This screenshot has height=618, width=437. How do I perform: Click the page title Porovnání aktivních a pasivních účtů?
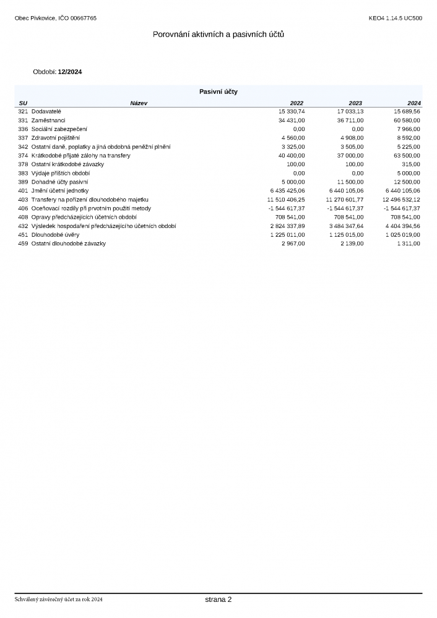pyautogui.click(x=218, y=35)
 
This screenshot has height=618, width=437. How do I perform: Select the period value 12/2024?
pyautogui.click(x=70, y=72)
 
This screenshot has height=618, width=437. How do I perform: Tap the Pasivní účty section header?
pyautogui.click(x=218, y=91)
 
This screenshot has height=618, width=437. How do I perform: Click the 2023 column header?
pyautogui.click(x=355, y=103)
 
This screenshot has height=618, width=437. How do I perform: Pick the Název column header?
pyautogui.click(x=139, y=103)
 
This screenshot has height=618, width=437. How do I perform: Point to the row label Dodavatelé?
pyautogui.click(x=46, y=111)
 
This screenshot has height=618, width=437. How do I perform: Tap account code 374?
pyautogui.click(x=23, y=156)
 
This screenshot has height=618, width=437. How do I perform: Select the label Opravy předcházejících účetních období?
pyautogui.click(x=84, y=218)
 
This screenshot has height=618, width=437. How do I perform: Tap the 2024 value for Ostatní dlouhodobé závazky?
pyautogui.click(x=409, y=244)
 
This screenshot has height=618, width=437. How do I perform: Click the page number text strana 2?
pyautogui.click(x=218, y=599)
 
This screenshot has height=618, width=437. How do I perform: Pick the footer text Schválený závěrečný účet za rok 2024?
pyautogui.click(x=59, y=599)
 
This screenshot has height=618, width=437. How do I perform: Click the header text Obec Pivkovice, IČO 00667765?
pyautogui.click(x=56, y=18)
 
